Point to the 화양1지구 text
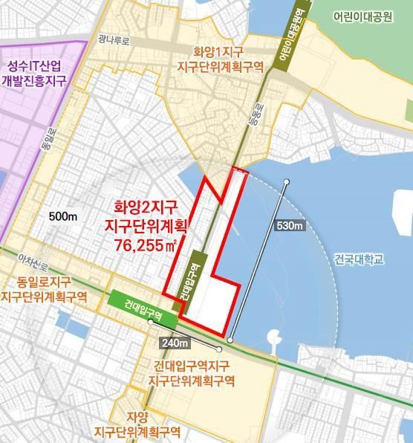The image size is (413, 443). click(218, 52)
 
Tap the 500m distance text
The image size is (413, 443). click(63, 216)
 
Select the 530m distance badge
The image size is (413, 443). click(289, 225)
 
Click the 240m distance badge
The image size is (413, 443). click(175, 343)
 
